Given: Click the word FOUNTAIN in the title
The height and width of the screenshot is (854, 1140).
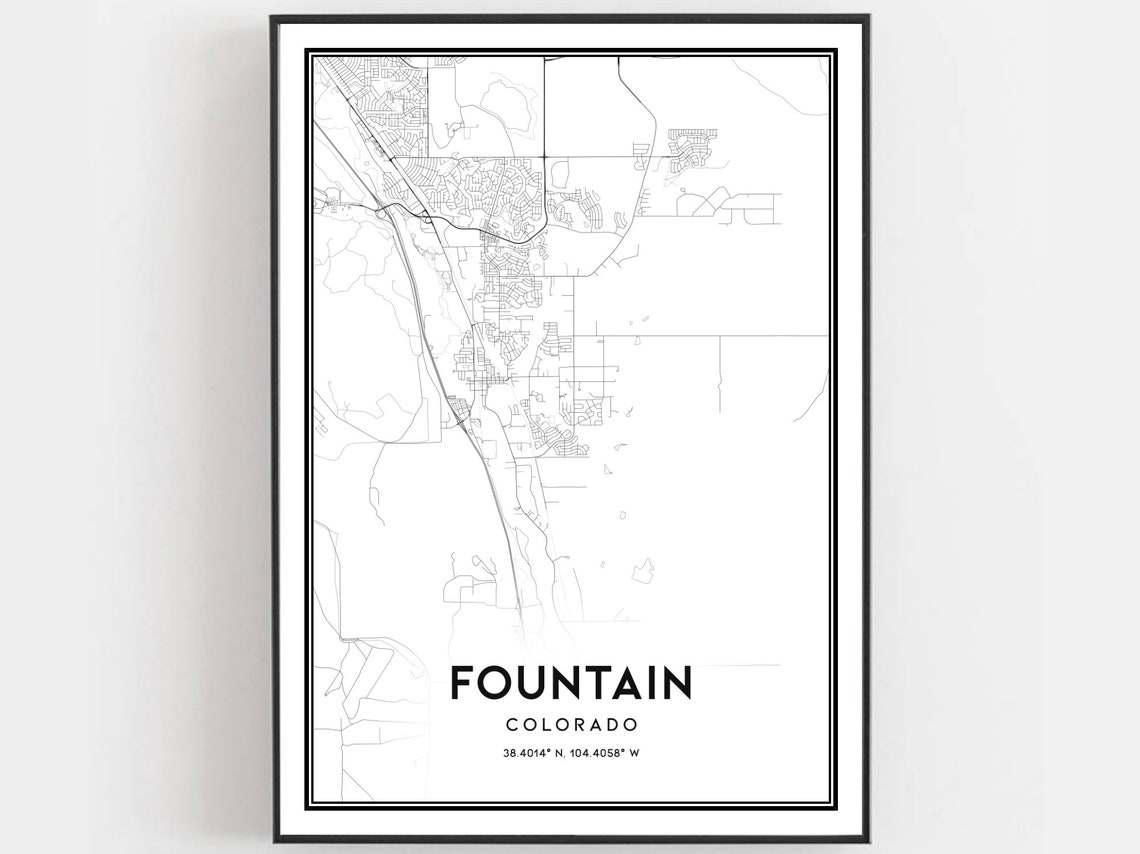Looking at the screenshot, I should point(570,684).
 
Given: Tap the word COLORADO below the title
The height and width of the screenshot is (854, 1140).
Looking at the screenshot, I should point(571,724).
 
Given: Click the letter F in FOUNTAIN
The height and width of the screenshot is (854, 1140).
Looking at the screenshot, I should point(462,684).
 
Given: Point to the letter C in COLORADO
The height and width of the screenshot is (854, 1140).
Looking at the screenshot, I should point(512,724).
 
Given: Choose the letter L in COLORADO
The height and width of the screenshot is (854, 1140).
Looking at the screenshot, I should point(549,724).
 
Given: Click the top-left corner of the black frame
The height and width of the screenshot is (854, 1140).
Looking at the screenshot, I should point(272,17).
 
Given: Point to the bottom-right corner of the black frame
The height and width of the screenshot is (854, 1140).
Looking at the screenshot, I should point(867,840).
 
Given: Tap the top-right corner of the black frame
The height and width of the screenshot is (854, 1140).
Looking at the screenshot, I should point(867,17).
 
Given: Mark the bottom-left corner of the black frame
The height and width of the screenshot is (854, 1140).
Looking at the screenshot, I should point(272,840).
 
